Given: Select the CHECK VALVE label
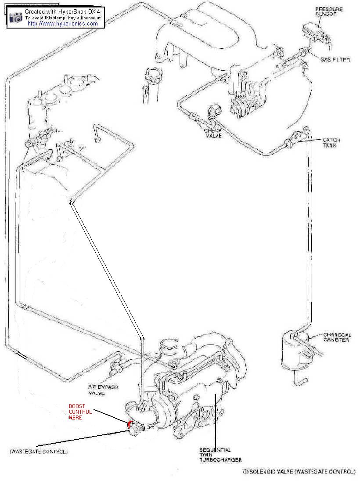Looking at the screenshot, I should pyautogui.click(x=212, y=133).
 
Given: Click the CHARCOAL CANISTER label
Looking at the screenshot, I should pyautogui.click(x=337, y=337).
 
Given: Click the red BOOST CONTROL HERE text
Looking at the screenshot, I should pyautogui.click(x=80, y=412).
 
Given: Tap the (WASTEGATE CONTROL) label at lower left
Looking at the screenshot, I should pyautogui.click(x=39, y=451).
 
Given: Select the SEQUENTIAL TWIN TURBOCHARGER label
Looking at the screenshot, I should pyautogui.click(x=220, y=455).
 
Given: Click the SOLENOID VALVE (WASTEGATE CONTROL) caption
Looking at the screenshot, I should pyautogui.click(x=299, y=472).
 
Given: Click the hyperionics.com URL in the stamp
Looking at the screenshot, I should pyautogui.click(x=63, y=24).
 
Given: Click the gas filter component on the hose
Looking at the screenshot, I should pyautogui.click(x=302, y=53).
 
